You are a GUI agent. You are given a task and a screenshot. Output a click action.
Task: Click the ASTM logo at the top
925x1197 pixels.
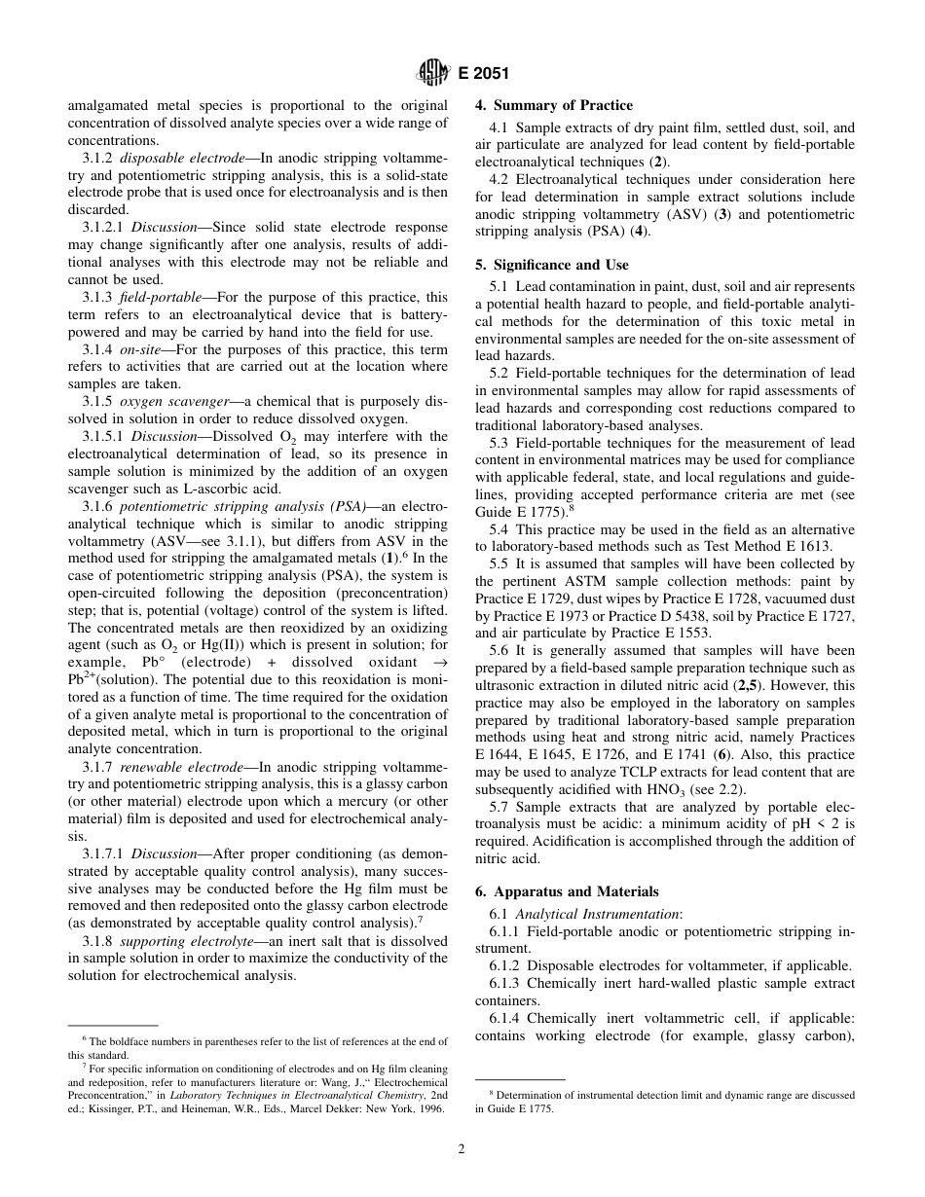pyautogui.click(x=430, y=71)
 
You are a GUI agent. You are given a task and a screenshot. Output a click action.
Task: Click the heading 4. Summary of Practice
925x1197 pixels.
pyautogui.click(x=553, y=105)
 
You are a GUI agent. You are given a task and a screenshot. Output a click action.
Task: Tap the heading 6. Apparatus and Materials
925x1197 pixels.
pyautogui.click(x=567, y=891)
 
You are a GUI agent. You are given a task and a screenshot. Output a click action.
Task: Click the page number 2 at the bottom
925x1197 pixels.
pyautogui.click(x=462, y=1148)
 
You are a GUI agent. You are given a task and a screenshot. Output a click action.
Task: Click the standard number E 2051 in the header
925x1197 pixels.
pyautogui.click(x=482, y=72)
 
